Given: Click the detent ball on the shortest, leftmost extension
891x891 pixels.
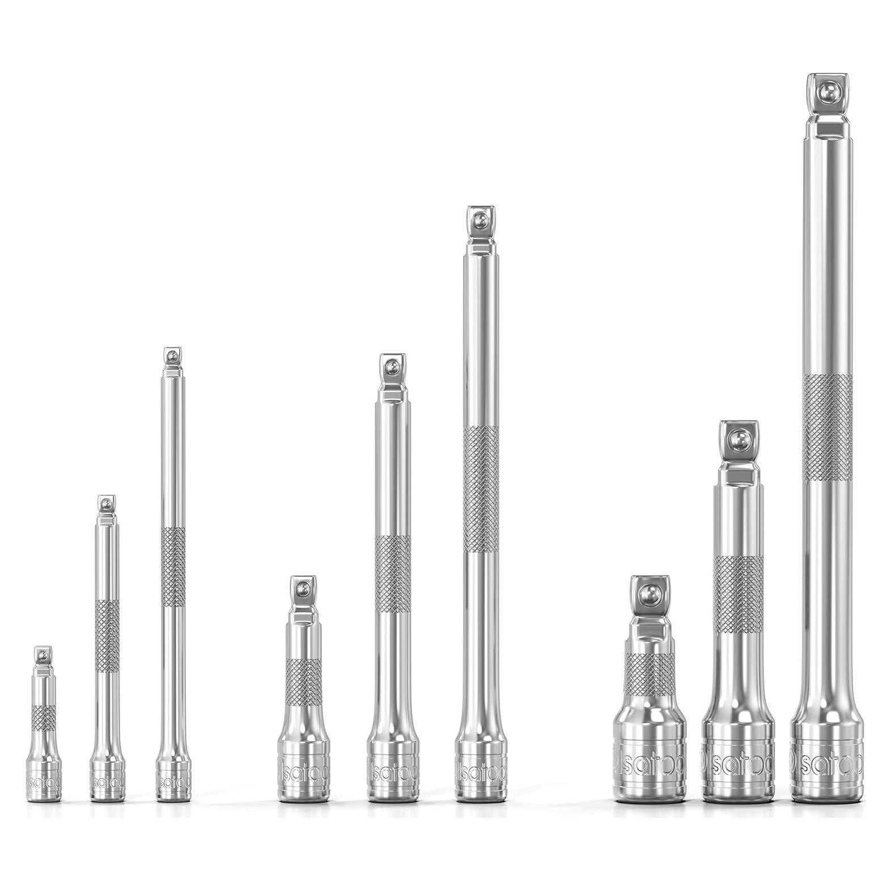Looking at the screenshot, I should (43, 656).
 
